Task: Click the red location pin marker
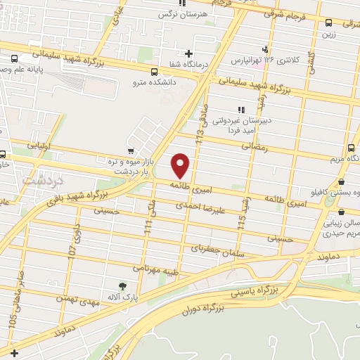coord(181,165)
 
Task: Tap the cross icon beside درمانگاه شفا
coord(188,53)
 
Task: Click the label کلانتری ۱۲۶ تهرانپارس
coord(304,60)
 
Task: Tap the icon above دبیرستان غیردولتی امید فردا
coord(241,109)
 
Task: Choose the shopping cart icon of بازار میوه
coord(131,150)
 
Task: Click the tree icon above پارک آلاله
coord(123,285)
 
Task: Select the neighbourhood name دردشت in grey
coord(42,181)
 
